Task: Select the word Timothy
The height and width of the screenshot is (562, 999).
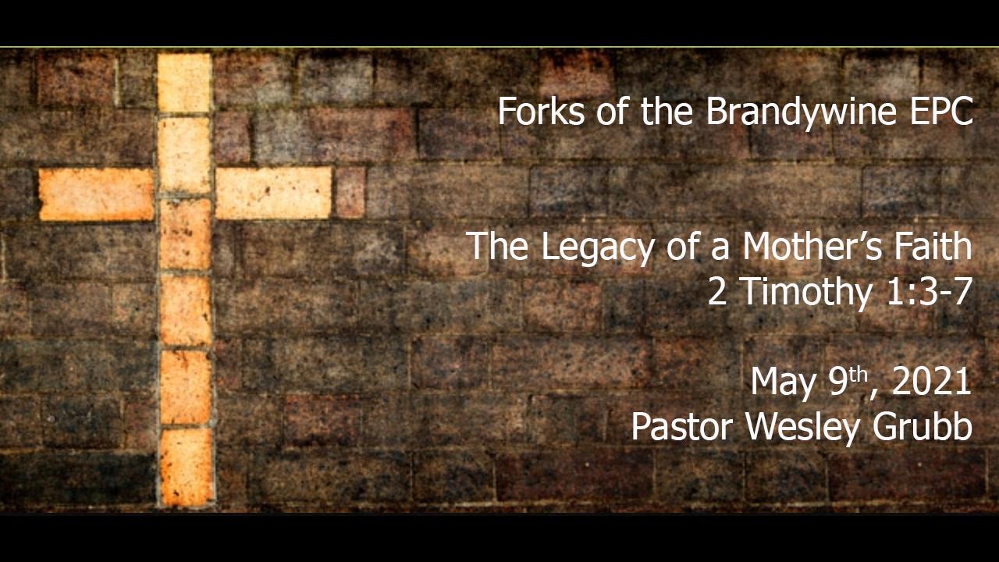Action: point(808,293)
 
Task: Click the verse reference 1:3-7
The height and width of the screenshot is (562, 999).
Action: point(929,291)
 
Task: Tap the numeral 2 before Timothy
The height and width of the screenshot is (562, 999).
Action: point(717,292)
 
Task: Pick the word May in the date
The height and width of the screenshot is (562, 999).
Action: point(783,383)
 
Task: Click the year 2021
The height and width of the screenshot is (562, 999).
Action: point(931,382)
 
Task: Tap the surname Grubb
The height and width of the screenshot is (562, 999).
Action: point(922,426)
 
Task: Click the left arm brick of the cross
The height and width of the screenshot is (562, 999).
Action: point(96,194)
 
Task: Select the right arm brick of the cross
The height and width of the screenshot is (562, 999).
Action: point(274,193)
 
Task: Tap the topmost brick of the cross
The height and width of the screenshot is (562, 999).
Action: point(185,83)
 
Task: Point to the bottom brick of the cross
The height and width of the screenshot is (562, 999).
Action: point(187,467)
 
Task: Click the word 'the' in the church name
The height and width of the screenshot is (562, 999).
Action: point(667,111)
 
